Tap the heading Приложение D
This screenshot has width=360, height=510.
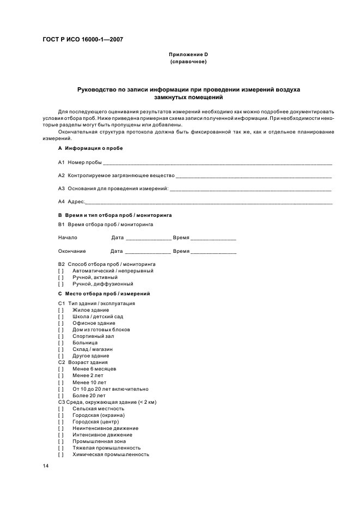[188, 54]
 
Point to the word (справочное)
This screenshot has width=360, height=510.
[188, 62]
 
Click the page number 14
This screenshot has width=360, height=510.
[46, 466]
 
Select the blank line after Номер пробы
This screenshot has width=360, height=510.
[217, 163]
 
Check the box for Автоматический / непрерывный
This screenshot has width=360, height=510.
[61, 271]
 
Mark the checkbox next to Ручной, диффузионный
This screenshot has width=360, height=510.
[61, 284]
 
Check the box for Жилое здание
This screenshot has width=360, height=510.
[61, 310]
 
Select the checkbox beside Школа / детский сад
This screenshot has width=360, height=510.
[61, 317]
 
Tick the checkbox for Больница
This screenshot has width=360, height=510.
[61, 343]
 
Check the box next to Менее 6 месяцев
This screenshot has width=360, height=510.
[61, 369]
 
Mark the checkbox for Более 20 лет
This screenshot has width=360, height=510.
[61, 396]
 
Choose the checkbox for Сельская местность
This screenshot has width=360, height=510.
[61, 409]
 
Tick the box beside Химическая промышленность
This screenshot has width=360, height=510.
[61, 454]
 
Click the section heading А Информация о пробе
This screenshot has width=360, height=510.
[90, 148]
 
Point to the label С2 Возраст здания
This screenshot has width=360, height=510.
[83, 362]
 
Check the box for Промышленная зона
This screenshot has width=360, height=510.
[61, 441]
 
